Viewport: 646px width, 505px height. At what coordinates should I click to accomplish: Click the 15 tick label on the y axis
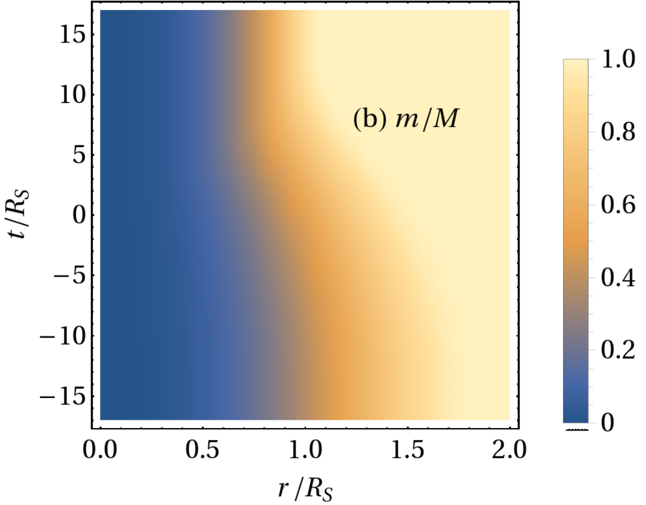[73, 34]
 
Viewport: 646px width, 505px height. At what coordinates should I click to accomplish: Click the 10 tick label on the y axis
[73, 95]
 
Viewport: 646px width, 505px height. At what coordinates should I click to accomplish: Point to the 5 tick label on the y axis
[79, 155]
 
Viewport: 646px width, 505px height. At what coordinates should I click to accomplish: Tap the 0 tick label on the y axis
[79, 215]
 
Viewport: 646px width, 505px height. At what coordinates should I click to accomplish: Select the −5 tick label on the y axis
[70, 276]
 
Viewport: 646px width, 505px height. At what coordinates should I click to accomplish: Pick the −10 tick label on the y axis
[63, 336]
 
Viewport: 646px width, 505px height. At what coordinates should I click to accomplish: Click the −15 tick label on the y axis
[63, 397]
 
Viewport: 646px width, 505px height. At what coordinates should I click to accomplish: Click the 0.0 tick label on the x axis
[100, 449]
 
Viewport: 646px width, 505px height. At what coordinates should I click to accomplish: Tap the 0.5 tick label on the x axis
[202, 449]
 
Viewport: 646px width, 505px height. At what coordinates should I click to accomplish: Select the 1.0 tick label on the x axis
[305, 449]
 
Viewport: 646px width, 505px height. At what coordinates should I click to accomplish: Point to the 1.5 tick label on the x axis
[407, 449]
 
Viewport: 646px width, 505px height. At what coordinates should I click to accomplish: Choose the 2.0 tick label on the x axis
[509, 449]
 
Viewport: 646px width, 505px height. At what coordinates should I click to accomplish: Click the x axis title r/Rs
[305, 490]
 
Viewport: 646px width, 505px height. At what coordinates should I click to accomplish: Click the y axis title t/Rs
[19, 214]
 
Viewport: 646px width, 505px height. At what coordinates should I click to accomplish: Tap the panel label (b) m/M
[406, 119]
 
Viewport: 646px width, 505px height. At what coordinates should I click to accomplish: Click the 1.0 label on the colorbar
[618, 59]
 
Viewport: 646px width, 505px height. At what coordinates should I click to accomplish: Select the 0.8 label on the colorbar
[618, 132]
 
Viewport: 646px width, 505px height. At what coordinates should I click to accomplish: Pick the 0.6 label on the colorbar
[618, 205]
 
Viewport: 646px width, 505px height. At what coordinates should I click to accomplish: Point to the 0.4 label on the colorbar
[618, 277]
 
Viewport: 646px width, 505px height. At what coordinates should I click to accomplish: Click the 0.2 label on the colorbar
[618, 350]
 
